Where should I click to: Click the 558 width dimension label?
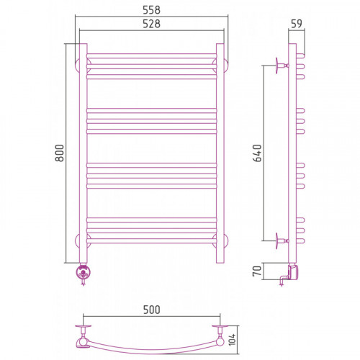tap(151, 10)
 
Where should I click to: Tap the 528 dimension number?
tap(151, 24)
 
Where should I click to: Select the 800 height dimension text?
tap(60, 153)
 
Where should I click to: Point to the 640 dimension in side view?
tap(257, 153)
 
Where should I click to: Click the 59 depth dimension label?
tap(297, 24)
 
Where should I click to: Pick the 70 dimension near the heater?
tap(257, 271)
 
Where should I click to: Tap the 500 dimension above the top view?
tap(151, 310)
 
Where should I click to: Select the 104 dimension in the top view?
tap(232, 340)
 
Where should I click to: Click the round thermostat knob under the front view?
tap(84, 272)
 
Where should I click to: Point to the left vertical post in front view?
tap(84, 153)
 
